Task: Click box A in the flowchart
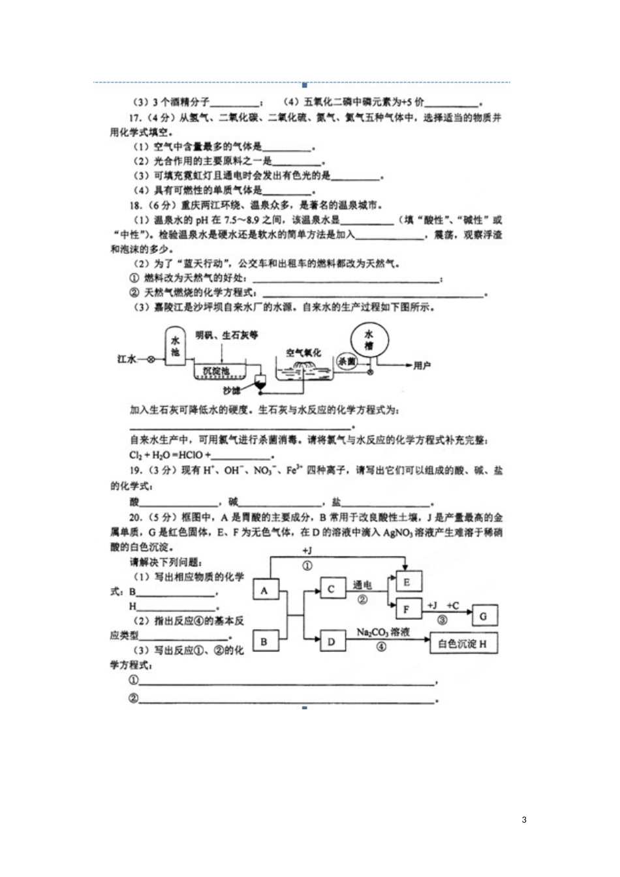click(264, 591)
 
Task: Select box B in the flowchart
click(264, 641)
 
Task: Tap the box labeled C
click(332, 589)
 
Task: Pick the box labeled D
click(332, 641)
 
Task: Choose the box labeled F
click(407, 609)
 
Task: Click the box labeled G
click(484, 616)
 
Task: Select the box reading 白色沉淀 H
click(463, 643)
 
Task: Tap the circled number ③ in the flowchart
click(442, 621)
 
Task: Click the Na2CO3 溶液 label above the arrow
click(383, 632)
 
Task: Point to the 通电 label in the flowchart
click(362, 585)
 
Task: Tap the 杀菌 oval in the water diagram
click(347, 361)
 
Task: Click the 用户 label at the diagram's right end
click(422, 365)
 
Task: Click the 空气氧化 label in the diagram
click(303, 352)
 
